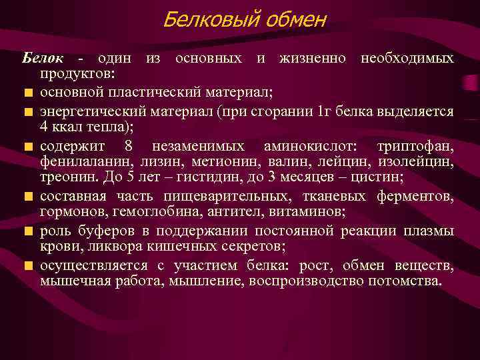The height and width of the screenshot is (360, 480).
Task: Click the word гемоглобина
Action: pos(159,213)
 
